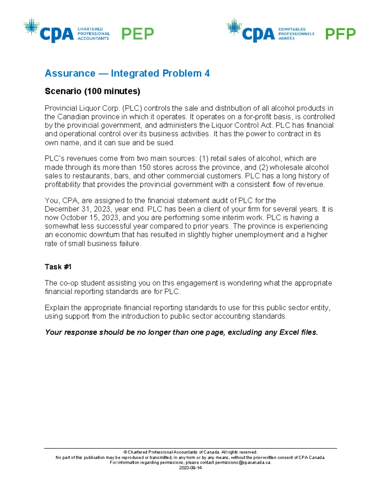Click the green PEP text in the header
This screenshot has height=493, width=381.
137,34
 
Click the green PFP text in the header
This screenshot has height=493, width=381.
340,34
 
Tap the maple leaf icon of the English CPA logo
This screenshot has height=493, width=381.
31,26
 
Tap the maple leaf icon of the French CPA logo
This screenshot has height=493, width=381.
234,26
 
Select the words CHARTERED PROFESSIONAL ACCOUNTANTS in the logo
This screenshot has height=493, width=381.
93,34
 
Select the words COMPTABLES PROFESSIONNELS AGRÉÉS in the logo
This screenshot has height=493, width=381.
296,34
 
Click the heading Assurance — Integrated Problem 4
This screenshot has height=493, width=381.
127,73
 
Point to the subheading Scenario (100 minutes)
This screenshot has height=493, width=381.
92,91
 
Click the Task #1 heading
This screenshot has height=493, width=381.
58,267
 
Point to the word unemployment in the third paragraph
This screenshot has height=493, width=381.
259,235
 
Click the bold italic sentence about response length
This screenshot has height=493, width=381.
181,332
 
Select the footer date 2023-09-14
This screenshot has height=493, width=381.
190,468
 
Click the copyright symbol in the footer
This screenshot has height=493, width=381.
125,452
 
